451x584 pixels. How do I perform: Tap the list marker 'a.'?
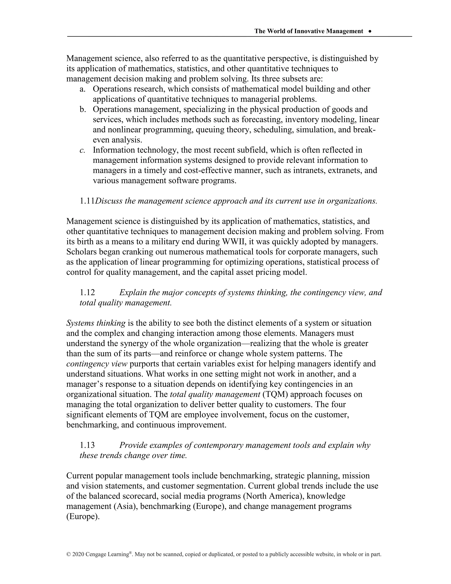[82, 89]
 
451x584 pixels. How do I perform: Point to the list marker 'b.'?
[83, 109]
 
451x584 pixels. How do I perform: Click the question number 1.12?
[87, 292]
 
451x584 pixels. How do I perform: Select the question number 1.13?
[87, 445]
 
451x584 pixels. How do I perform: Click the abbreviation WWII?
[232, 242]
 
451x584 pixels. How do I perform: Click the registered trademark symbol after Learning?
[130, 552]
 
